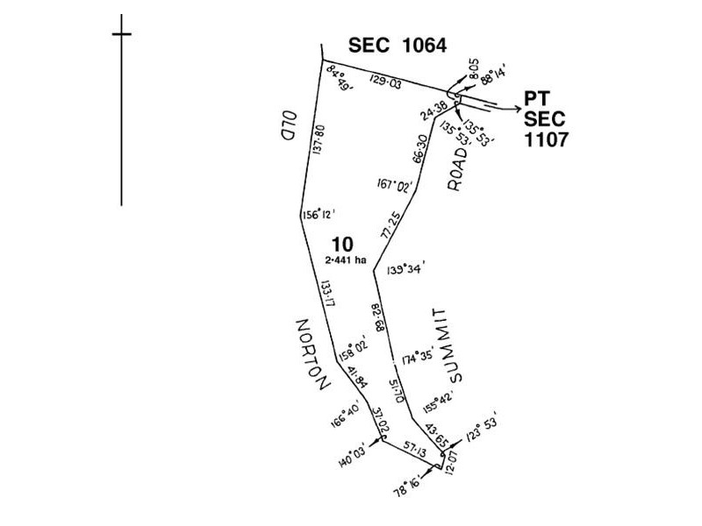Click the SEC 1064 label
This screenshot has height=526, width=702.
coord(398,46)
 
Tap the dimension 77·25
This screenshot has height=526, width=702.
coord(390,226)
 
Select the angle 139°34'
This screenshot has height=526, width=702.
coord(405,270)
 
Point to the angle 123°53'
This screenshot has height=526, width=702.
coord(480,430)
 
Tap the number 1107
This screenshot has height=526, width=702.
coord(546,139)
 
